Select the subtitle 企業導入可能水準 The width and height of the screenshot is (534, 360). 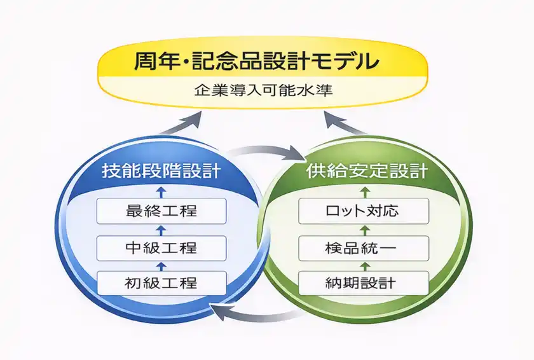(263, 90)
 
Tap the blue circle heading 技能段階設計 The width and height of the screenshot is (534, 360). (161, 171)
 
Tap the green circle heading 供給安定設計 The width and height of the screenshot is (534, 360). (366, 171)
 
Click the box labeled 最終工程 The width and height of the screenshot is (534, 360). (162, 211)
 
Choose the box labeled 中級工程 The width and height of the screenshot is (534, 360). (162, 247)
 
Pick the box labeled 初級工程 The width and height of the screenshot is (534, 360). (162, 282)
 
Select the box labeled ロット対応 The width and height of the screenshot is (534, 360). (365, 211)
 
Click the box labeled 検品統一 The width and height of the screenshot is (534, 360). (365, 247)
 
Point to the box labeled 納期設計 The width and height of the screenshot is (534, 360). (365, 282)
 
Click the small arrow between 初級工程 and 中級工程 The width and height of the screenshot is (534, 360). (162, 264)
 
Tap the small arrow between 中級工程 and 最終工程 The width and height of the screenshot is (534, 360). (162, 229)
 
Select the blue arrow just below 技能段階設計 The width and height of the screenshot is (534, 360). (162, 191)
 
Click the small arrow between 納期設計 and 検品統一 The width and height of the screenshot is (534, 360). (365, 264)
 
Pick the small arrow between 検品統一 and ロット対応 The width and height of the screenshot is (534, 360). (365, 229)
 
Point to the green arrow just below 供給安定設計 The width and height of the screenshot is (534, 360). (365, 191)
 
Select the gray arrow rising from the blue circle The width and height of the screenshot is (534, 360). (181, 122)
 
